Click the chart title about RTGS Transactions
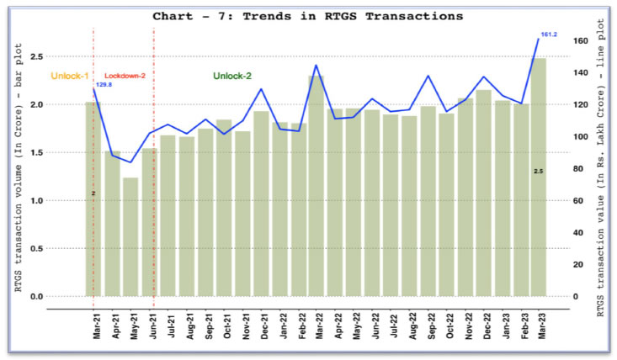[308, 15]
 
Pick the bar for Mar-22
[316, 186]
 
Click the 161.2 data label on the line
[550, 34]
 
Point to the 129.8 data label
[104, 84]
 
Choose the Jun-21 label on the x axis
[152, 326]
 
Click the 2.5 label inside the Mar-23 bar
[538, 172]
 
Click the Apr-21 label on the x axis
[115, 326]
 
